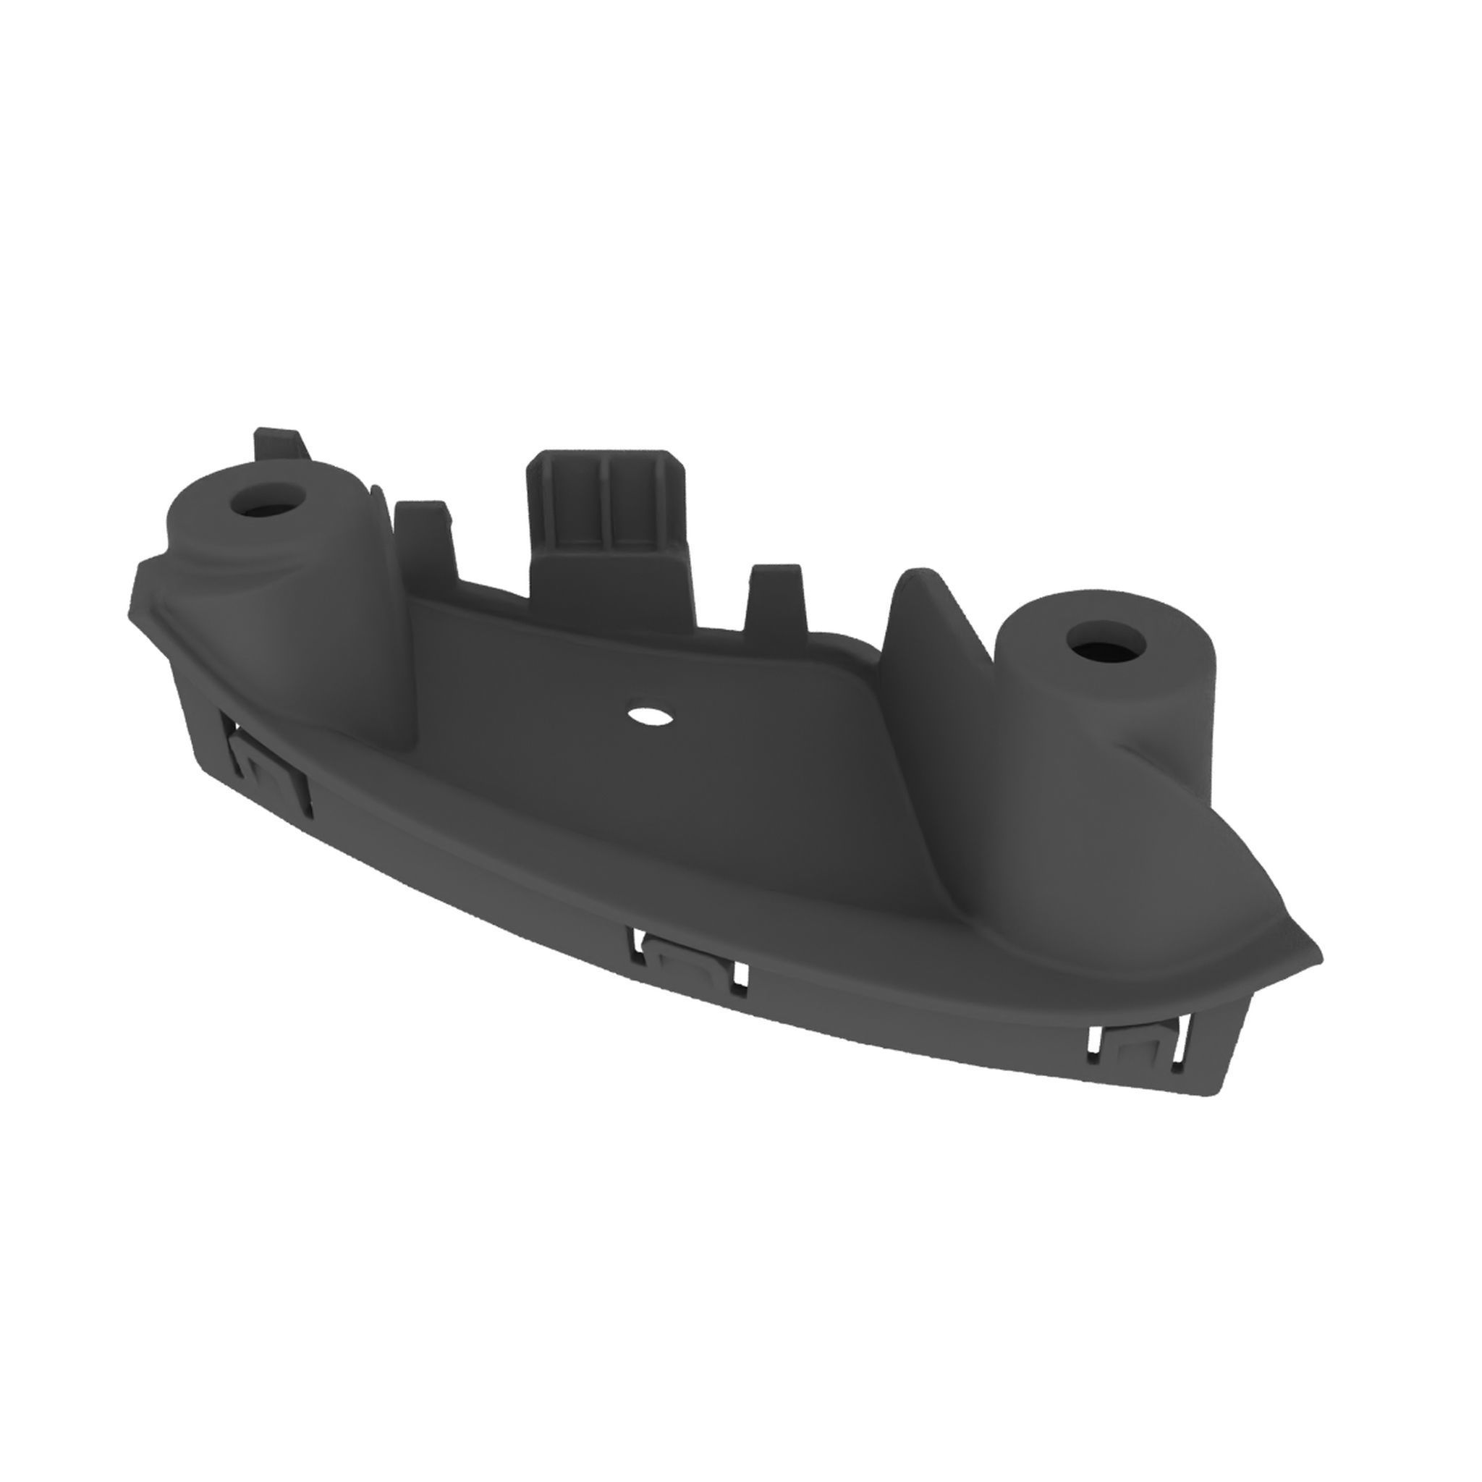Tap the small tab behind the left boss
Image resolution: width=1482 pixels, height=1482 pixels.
point(276,445)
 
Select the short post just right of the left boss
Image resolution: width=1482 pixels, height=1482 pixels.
point(422,537)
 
